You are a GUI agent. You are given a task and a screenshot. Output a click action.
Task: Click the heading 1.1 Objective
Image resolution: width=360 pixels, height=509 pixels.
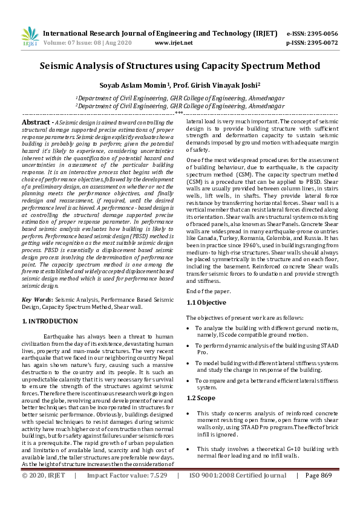click(x=206, y=302)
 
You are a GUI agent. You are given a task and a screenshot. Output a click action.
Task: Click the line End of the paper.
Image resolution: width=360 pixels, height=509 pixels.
click(x=209, y=291)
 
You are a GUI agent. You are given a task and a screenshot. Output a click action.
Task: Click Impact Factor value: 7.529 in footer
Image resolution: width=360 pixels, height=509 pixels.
click(x=127, y=492)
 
